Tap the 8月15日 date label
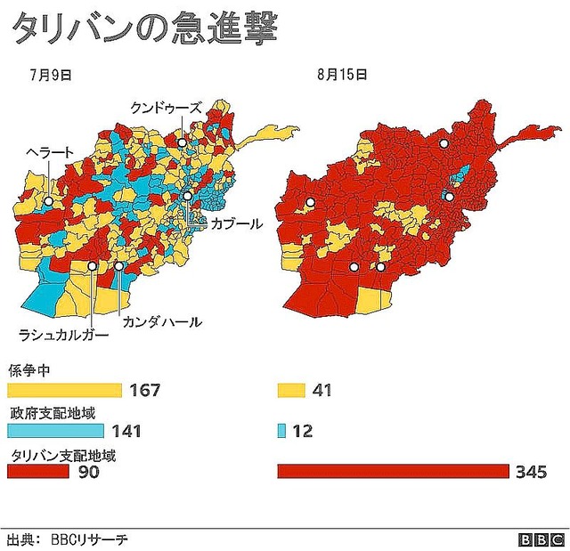(341, 76)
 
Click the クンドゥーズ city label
(167, 108)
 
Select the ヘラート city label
(50, 152)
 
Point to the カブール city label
(236, 224)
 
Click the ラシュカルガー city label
(64, 336)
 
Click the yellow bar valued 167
(64, 390)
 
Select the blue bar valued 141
(57, 431)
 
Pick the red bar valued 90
(38, 472)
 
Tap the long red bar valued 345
(393, 472)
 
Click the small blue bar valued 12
(281, 431)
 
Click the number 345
(531, 472)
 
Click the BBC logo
(541, 539)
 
